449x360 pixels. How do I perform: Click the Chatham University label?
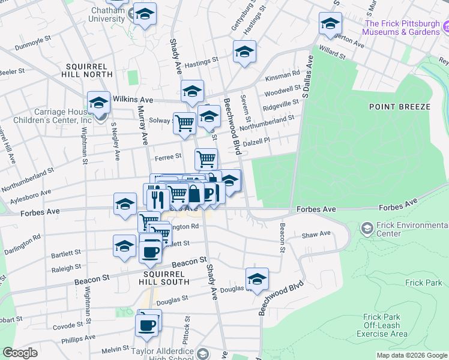click(106, 15)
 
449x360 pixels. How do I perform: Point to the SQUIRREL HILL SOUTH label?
click(150, 277)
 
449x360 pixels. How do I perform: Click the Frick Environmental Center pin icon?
click(367, 228)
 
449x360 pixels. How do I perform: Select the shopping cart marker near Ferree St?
click(206, 159)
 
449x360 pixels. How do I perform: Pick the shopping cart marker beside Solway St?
click(185, 123)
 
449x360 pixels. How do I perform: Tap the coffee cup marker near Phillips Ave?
click(147, 325)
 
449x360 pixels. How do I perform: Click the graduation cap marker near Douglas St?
click(257, 279)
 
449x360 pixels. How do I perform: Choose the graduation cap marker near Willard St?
click(330, 23)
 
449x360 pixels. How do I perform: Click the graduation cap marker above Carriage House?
click(98, 103)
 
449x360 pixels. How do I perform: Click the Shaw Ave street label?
click(316, 234)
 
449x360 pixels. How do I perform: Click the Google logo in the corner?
click(20, 353)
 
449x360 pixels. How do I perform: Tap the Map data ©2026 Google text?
click(412, 355)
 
